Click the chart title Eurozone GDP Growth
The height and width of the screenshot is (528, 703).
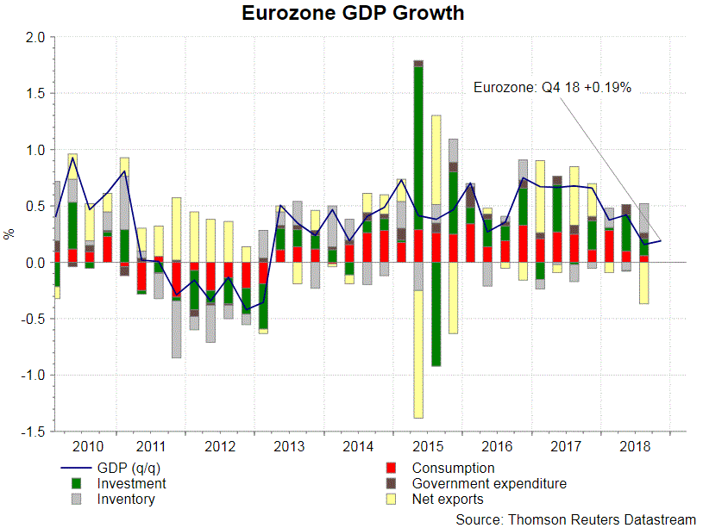pos(353,14)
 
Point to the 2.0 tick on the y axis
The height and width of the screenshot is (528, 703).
pos(35,38)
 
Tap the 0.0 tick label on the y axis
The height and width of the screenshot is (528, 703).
pos(35,263)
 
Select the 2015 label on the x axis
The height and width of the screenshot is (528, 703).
pos(427,446)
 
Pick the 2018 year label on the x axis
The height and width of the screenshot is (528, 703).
pos(634,446)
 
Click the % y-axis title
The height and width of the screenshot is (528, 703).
pos(9,233)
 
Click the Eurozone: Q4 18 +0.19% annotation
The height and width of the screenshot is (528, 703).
pos(553,86)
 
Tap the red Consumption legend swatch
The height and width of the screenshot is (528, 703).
pos(392,469)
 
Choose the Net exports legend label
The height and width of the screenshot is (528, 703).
pos(448,500)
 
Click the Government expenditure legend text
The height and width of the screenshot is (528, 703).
pos(489,484)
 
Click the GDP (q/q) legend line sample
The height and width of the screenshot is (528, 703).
pos(72,469)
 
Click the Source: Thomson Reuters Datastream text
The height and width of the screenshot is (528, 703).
pos(575,519)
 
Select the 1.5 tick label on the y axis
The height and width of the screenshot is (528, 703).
pos(35,94)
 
